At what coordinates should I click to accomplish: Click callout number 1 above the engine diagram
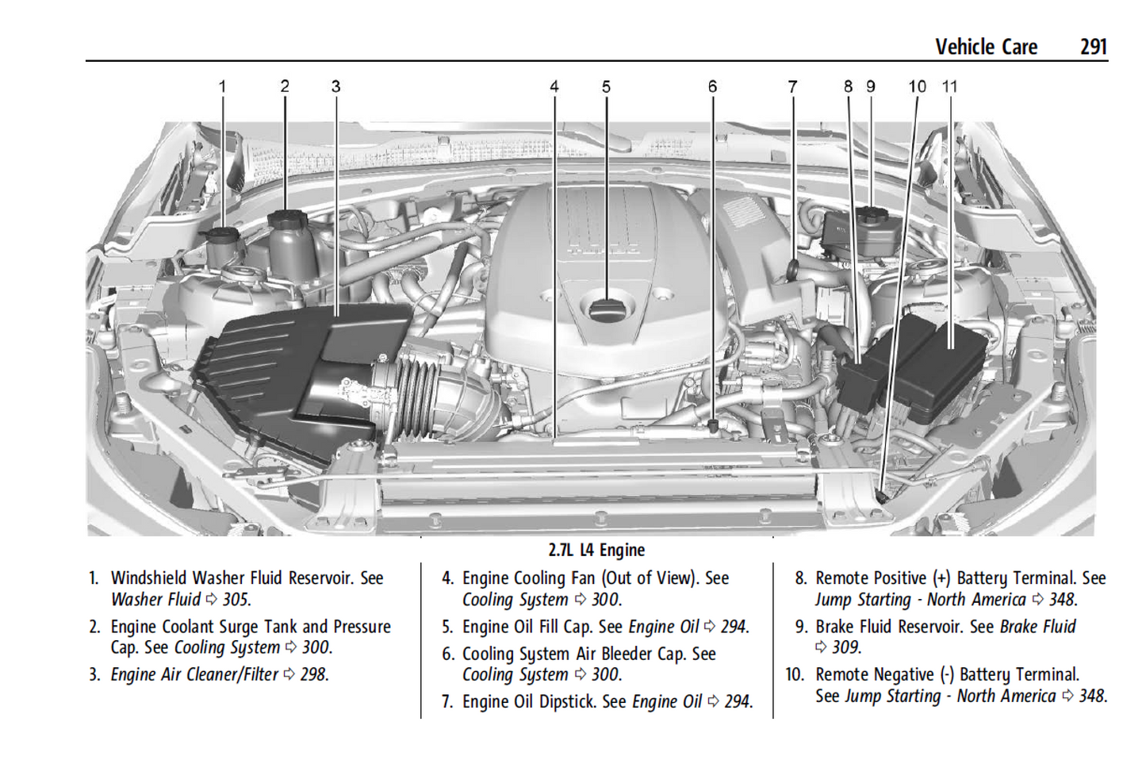[222, 86]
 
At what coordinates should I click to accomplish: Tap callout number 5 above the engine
[606, 86]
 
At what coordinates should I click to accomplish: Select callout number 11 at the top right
[949, 86]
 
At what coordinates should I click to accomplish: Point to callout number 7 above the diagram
[792, 86]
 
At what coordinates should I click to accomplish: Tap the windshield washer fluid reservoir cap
[222, 236]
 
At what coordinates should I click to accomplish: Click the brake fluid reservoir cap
[872, 214]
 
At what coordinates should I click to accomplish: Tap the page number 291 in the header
[1093, 47]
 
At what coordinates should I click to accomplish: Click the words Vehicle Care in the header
[986, 47]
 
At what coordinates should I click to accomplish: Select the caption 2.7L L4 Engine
[596, 550]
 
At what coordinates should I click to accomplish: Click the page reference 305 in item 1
[236, 600]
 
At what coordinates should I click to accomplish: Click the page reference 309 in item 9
[845, 647]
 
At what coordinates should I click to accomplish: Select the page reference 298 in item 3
[314, 675]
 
